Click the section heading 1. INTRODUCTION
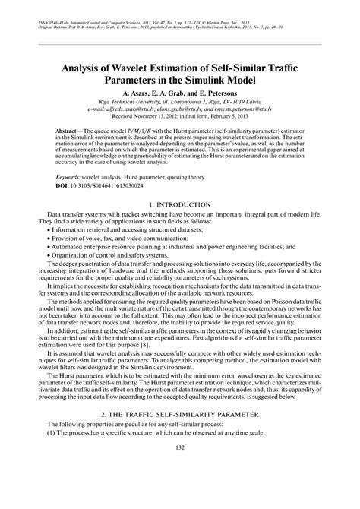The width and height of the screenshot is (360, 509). click(179, 206)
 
